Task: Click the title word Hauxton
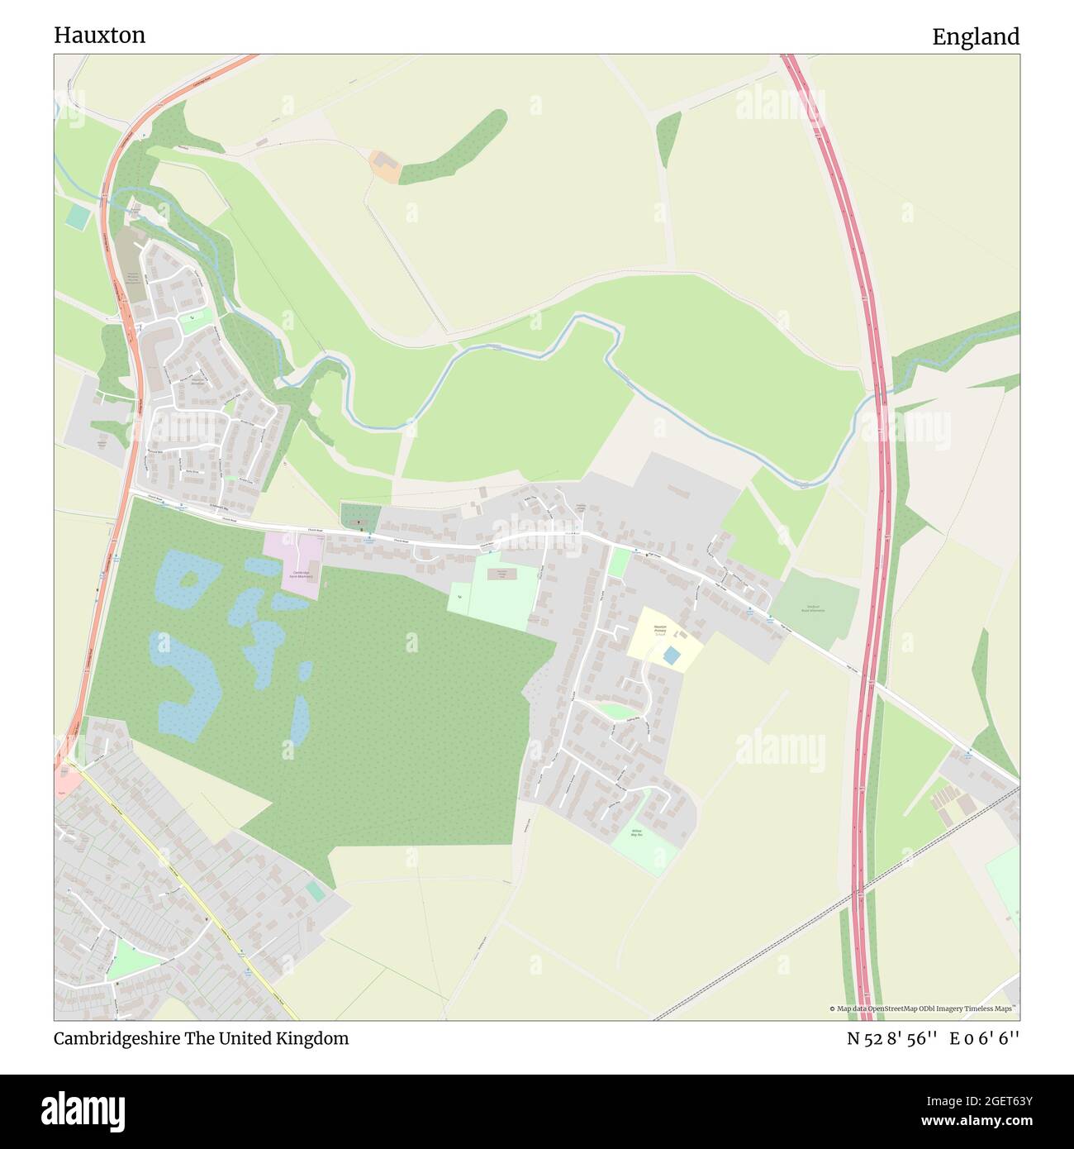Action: tap(99, 35)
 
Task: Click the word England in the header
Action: tap(976, 36)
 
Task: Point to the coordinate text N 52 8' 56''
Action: tap(891, 1038)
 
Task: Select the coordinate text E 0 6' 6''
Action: tap(985, 1038)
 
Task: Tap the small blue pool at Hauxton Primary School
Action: tap(672, 656)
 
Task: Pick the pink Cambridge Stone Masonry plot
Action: tap(295, 562)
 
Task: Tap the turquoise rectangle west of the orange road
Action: tap(78, 217)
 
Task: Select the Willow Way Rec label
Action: tap(636, 833)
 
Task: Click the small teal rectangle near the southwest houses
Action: tap(315, 891)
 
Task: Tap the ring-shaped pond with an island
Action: tap(187, 580)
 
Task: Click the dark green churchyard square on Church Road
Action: tap(360, 517)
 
